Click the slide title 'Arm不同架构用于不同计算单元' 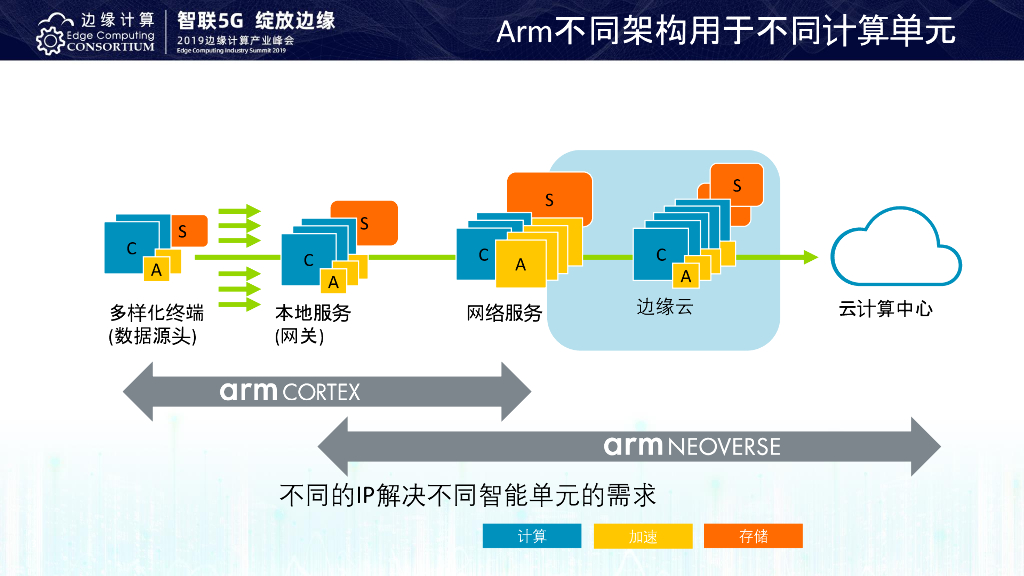tap(726, 30)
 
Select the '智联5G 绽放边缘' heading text tap(255, 20)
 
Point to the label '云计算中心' tap(885, 309)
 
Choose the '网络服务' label tap(504, 313)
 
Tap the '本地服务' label tap(313, 313)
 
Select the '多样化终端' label tap(157, 313)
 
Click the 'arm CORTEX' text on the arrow tap(290, 391)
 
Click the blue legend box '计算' tap(532, 537)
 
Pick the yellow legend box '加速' tap(643, 537)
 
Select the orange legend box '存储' tap(753, 537)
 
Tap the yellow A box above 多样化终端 tap(156, 270)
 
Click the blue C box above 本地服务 tap(304, 260)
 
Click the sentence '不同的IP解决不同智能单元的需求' tap(467, 495)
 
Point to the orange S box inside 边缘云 tap(738, 184)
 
